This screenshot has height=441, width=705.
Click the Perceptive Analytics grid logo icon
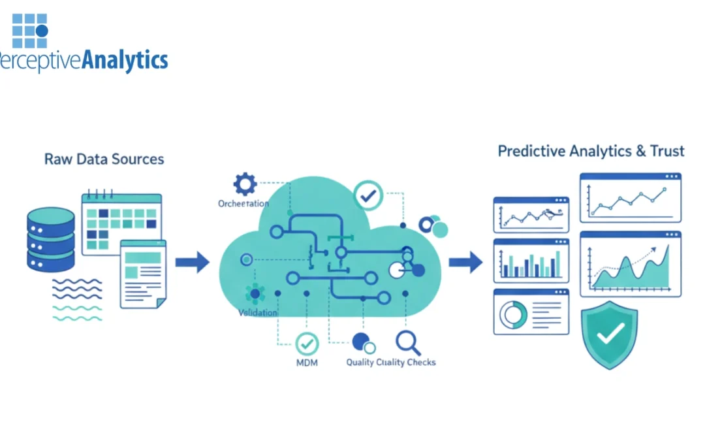click(x=30, y=31)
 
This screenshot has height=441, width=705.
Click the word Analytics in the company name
click(x=124, y=61)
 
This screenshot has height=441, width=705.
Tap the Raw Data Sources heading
click(x=104, y=159)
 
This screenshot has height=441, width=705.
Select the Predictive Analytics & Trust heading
click(x=591, y=152)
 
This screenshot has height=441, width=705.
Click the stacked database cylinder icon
click(x=51, y=240)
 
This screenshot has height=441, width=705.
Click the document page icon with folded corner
click(x=143, y=274)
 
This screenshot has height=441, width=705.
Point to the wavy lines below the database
click(x=77, y=300)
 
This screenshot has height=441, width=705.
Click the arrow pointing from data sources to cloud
click(x=192, y=263)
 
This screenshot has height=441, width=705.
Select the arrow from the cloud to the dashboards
click(x=465, y=263)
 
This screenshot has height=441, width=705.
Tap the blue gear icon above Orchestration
click(x=245, y=184)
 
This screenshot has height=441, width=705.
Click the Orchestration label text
click(x=243, y=204)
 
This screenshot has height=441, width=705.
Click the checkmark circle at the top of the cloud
click(x=368, y=195)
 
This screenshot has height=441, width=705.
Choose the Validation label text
click(x=258, y=313)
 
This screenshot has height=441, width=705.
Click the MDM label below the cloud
click(x=306, y=362)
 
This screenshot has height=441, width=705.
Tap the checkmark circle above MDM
click(x=307, y=344)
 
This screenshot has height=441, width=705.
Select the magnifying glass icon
click(x=408, y=342)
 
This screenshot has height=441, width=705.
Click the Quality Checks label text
click(x=390, y=362)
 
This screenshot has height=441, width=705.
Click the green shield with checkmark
click(x=610, y=334)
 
